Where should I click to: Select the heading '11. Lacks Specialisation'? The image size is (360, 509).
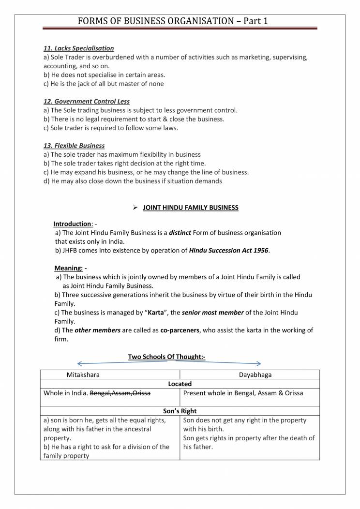(x=78, y=48)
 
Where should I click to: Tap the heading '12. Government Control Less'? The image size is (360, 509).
(x=86, y=102)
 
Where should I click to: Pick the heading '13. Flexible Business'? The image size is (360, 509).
(x=74, y=146)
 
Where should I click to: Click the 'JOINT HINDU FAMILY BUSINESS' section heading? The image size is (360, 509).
(x=191, y=208)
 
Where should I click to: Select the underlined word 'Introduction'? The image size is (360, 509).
(x=73, y=224)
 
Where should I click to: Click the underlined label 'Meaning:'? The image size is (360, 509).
(x=68, y=268)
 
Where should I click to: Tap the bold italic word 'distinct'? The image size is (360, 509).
(x=180, y=233)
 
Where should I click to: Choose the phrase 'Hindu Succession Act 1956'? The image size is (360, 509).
(x=228, y=250)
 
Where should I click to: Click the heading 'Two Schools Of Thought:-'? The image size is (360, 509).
(x=166, y=357)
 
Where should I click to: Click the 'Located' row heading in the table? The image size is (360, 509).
(x=180, y=384)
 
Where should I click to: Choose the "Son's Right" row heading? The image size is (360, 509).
(x=180, y=411)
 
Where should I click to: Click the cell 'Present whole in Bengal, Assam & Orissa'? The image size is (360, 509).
(x=243, y=393)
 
